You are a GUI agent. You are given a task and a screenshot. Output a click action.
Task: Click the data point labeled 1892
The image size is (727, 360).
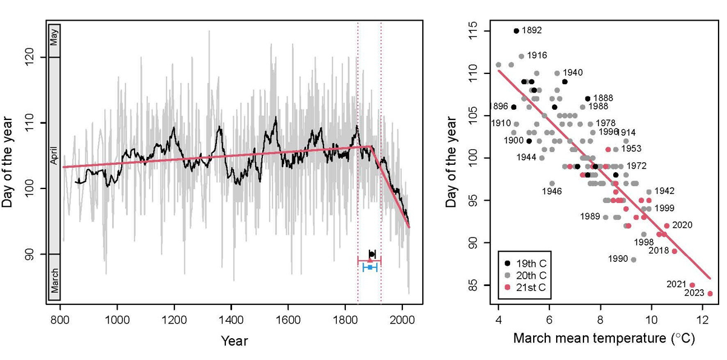tap(516, 31)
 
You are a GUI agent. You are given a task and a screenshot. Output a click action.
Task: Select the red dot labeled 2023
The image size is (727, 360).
tap(709, 294)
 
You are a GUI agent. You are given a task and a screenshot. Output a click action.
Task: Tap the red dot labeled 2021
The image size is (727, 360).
tap(692, 285)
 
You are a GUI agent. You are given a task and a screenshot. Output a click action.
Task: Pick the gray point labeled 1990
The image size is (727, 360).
tap(634, 259)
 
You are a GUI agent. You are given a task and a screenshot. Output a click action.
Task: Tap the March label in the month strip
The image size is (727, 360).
tap(54, 280)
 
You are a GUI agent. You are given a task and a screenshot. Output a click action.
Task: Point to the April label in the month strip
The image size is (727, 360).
tap(54, 156)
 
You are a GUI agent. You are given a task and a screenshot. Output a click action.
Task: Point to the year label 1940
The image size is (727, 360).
tap(573, 73)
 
